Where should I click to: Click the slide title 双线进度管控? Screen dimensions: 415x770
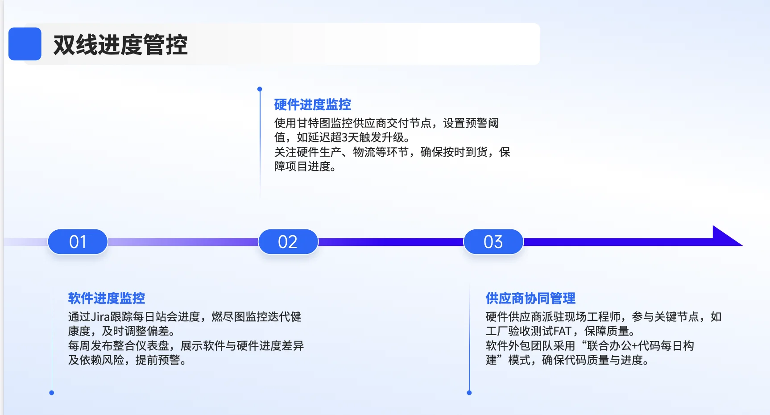click(120, 45)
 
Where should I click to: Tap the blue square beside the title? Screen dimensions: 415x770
click(25, 44)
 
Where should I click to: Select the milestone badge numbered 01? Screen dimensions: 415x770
click(78, 242)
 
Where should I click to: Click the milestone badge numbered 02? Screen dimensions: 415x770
click(288, 242)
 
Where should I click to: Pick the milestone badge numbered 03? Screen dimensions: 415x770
click(493, 242)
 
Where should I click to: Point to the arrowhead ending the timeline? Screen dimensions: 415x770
click(725, 237)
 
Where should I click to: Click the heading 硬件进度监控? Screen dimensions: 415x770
click(312, 105)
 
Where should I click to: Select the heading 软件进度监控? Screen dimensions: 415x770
click(106, 298)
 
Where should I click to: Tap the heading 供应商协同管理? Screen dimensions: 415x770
click(530, 298)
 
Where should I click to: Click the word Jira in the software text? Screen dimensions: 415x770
click(100, 317)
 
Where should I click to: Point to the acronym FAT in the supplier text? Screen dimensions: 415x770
click(562, 331)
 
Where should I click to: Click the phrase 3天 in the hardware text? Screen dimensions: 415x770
click(348, 137)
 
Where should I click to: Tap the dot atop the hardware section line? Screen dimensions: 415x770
click(260, 89)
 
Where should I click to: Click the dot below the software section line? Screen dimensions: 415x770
click(52, 393)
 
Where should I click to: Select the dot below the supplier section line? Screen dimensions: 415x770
click(469, 393)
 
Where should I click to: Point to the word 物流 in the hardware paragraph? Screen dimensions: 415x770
click(364, 152)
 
